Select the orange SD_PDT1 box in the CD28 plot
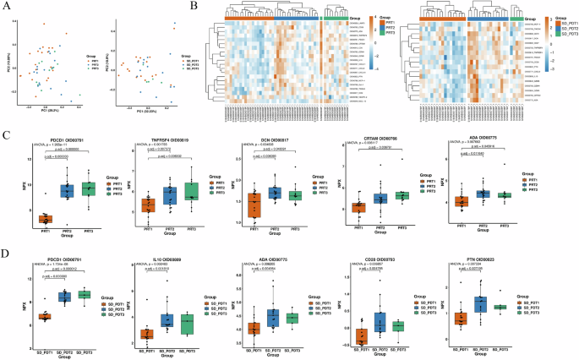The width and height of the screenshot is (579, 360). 361,335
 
